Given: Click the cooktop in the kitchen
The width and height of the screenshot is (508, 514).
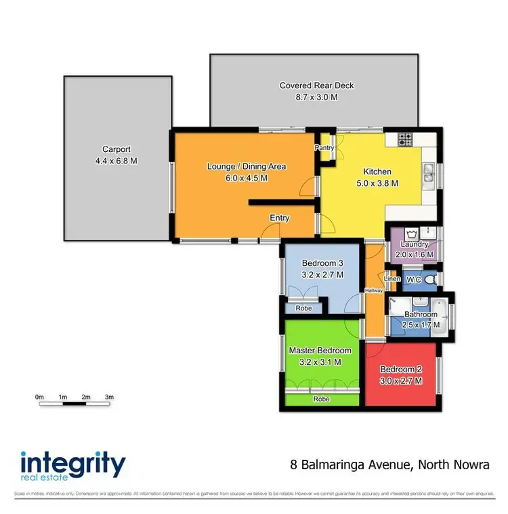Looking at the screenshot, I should [406, 140].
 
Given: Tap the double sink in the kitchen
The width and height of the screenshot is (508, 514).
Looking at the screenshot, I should [428, 175].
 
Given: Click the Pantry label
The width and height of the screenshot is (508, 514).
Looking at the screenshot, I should [324, 147].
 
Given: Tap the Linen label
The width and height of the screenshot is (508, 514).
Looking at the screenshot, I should [392, 279].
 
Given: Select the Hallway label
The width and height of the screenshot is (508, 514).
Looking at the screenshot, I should [374, 290].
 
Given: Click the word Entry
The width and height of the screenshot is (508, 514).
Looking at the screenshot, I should [280, 218].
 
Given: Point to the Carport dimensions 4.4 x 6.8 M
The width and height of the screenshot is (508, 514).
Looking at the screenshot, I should [116, 161].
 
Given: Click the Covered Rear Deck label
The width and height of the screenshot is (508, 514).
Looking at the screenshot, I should [316, 85].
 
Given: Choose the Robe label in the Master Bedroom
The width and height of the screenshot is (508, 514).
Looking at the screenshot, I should [321, 399].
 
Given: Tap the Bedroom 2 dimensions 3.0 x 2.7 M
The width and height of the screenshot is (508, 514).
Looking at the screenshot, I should [400, 381].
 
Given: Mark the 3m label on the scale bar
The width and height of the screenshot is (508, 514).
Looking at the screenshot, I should [109, 396].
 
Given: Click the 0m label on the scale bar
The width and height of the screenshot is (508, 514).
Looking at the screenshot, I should [39, 396].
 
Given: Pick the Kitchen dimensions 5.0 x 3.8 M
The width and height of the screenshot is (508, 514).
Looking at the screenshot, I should [377, 183].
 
